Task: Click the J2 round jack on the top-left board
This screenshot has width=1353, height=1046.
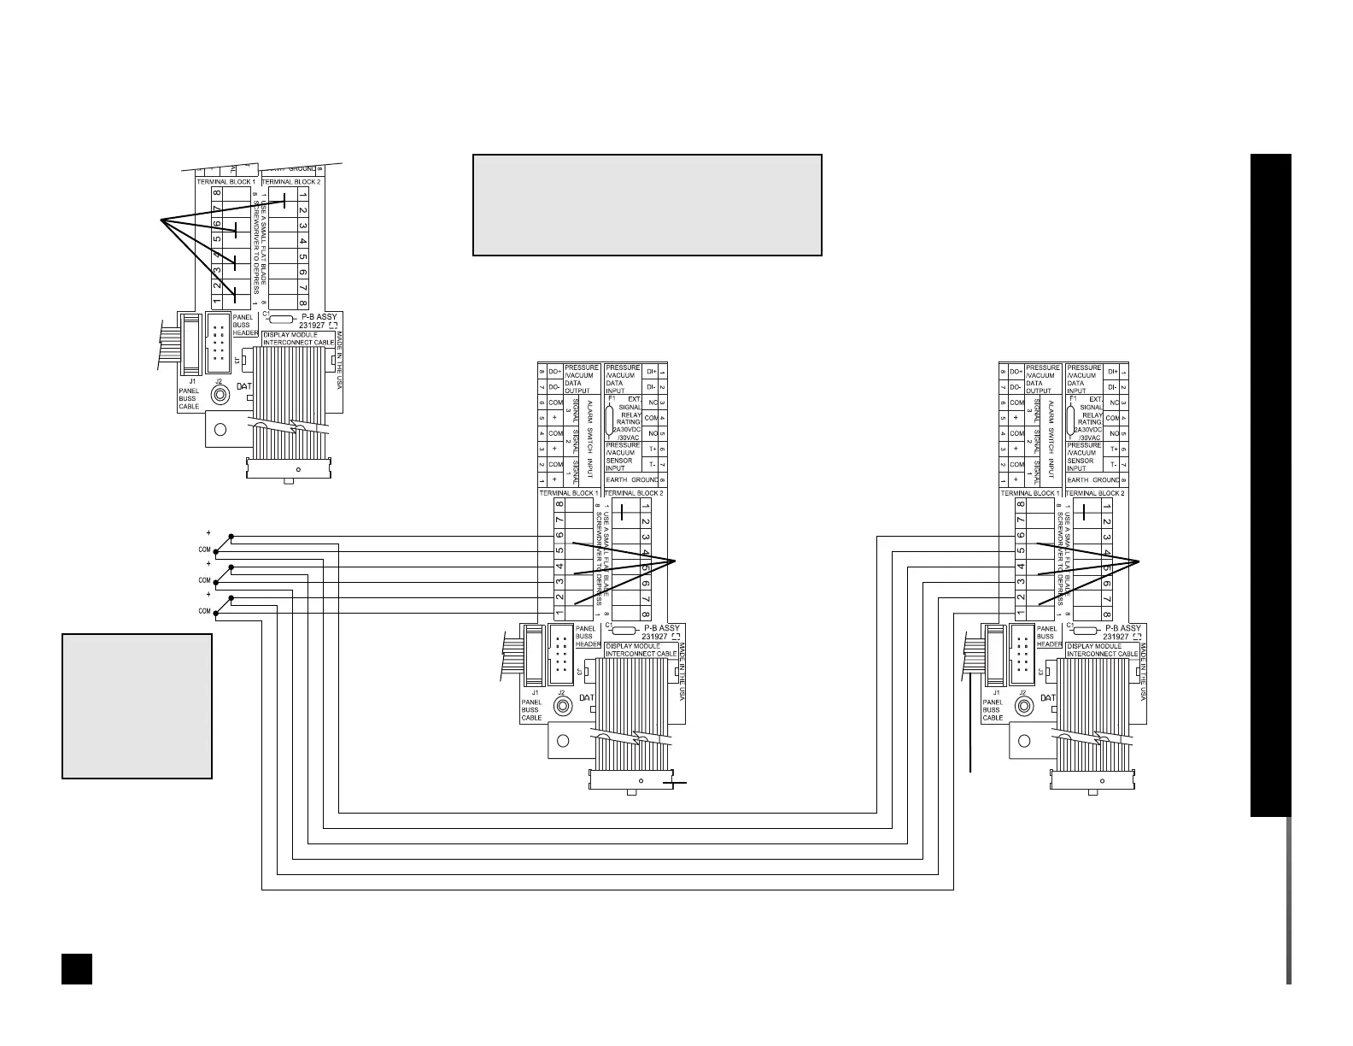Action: pos(220,395)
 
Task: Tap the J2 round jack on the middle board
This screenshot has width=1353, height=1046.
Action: pos(563,706)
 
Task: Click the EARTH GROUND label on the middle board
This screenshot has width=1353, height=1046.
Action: pos(633,480)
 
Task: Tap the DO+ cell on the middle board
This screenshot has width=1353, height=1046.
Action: pos(555,372)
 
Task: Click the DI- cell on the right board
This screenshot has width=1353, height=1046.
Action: pos(1112,387)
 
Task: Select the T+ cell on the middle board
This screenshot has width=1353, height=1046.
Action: pos(653,450)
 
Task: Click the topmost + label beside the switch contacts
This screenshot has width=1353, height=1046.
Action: pos(208,533)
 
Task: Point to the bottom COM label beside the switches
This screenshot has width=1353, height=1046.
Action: pos(205,611)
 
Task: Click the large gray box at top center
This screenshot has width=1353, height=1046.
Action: pos(647,205)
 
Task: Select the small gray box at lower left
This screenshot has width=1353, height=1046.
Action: pos(137,706)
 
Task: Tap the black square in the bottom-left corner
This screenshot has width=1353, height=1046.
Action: pos(76,967)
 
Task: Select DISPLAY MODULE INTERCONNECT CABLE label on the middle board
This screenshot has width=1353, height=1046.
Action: pos(640,649)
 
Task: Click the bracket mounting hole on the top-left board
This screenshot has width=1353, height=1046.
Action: pos(220,429)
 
